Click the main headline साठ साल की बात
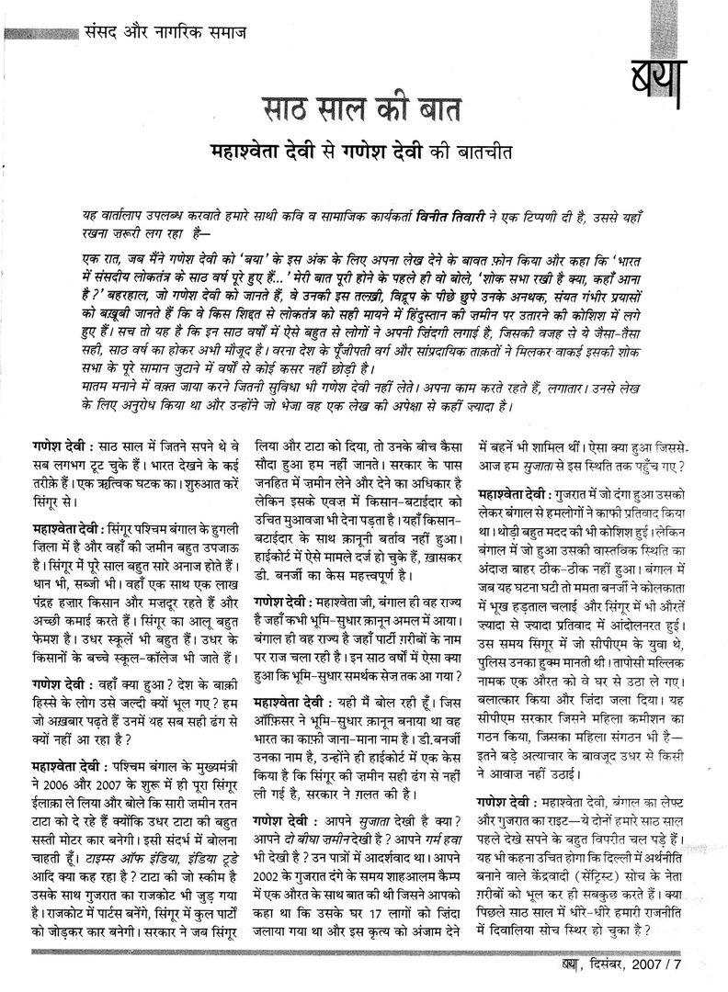coord(363,108)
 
